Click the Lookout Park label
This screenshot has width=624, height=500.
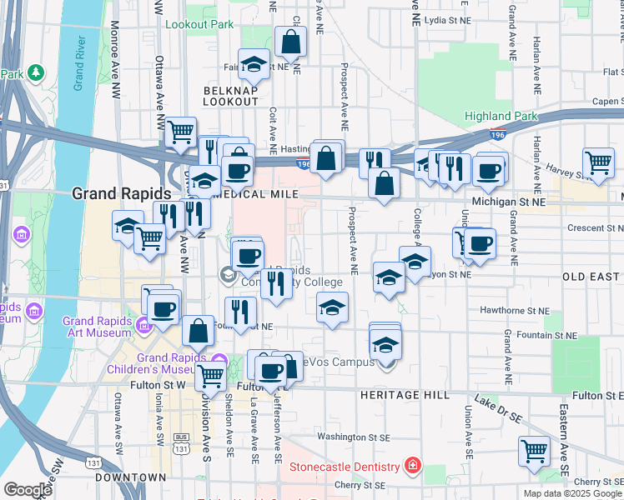tap(199, 25)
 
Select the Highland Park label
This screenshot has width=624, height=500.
tap(501, 117)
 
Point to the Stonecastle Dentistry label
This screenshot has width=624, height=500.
tap(345, 466)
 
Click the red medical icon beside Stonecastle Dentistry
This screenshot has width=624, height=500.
tap(410, 464)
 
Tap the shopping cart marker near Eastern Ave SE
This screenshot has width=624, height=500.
tap(534, 451)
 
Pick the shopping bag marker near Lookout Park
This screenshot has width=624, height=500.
tap(290, 41)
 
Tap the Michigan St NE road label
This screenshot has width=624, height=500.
tap(508, 202)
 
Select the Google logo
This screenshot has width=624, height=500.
tap(28, 490)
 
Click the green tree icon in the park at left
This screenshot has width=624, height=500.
tap(36, 72)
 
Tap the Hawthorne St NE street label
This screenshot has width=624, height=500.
tap(516, 310)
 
